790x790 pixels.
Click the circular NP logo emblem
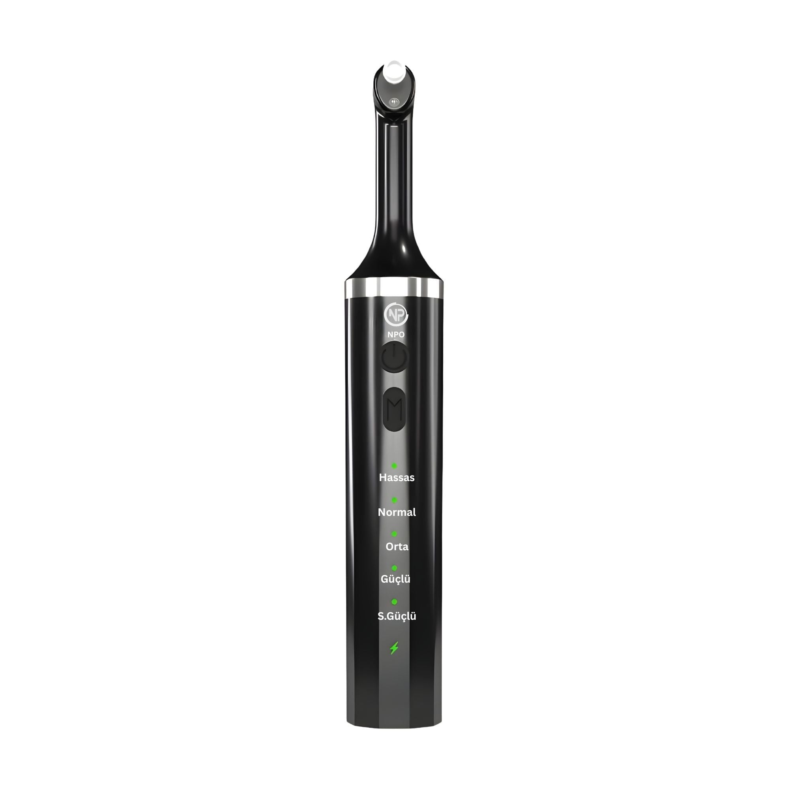pyautogui.click(x=396, y=315)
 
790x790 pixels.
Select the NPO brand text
pyautogui.click(x=396, y=335)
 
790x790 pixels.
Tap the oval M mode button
pyautogui.click(x=395, y=409)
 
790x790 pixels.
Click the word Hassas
pyautogui.click(x=397, y=478)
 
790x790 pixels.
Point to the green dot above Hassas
pyautogui.click(x=394, y=465)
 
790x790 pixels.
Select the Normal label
pyautogui.click(x=397, y=512)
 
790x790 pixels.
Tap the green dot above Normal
pyautogui.click(x=394, y=500)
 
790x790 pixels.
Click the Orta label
pyautogui.click(x=397, y=547)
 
